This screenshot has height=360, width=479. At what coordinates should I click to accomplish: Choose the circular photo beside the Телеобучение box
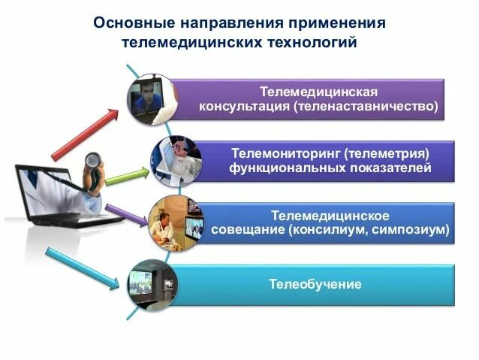pyautogui.click(x=151, y=284)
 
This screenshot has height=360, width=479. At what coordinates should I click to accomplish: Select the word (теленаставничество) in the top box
pyautogui.click(x=366, y=106)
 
